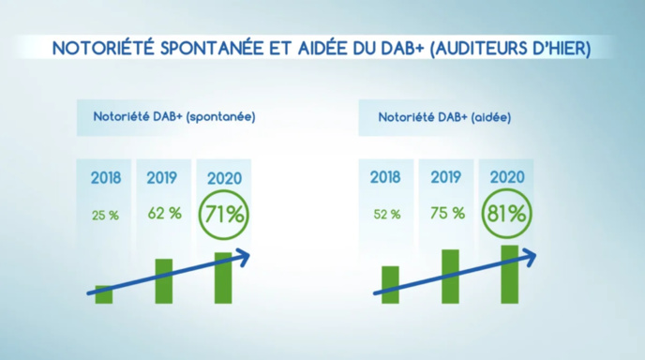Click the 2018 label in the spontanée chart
pyautogui.click(x=105, y=177)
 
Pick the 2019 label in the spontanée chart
pyautogui.click(x=163, y=177)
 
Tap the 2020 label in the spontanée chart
pyautogui.click(x=223, y=177)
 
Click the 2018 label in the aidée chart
pyautogui.click(x=385, y=177)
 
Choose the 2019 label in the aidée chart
pyautogui.click(x=446, y=177)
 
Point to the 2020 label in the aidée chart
pyautogui.click(x=505, y=177)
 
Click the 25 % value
pyautogui.click(x=105, y=215)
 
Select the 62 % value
pyautogui.click(x=164, y=214)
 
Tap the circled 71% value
pyautogui.click(x=223, y=214)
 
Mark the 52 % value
pyautogui.click(x=386, y=215)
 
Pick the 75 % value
pyautogui.click(x=447, y=214)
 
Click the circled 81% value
pyautogui.click(x=506, y=214)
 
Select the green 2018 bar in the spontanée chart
pyautogui.click(x=104, y=294)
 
